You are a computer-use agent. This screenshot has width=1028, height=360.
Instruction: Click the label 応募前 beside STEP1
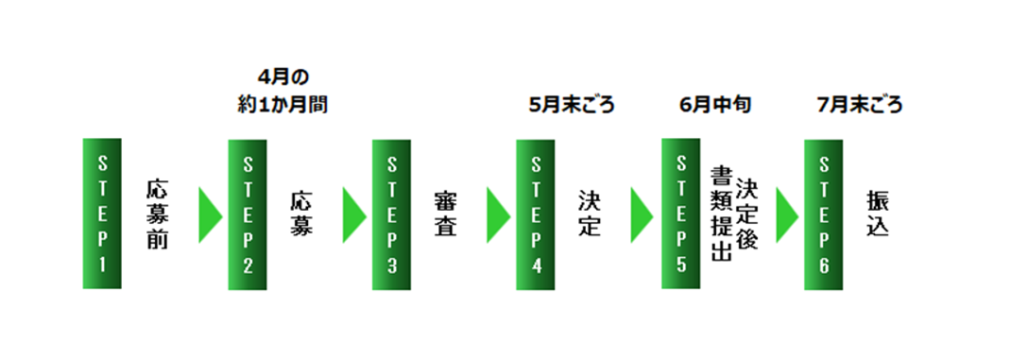pyautogui.click(x=159, y=214)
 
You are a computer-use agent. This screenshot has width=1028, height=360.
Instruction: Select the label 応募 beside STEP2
pyautogui.click(x=301, y=214)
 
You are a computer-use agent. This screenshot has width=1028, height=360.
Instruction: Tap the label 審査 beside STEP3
pyautogui.click(x=446, y=214)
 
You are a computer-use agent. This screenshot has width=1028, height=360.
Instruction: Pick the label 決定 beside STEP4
pyautogui.click(x=590, y=214)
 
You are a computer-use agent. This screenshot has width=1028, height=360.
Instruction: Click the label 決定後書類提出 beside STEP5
pyautogui.click(x=734, y=214)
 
